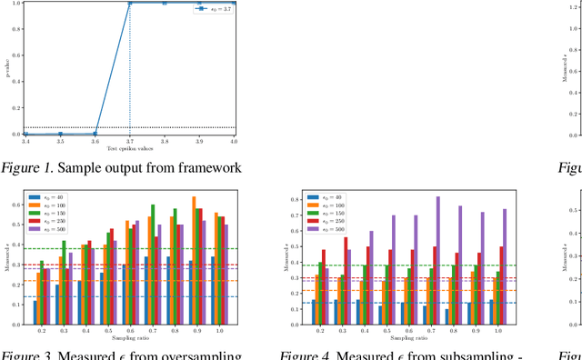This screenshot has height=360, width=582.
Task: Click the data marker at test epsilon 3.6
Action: click(95, 134)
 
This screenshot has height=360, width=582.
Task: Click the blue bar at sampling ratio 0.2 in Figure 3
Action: click(35, 312)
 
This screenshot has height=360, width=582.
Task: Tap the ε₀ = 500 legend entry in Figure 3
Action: click(46, 225)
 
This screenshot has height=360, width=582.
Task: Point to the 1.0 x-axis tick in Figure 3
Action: click(218, 330)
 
